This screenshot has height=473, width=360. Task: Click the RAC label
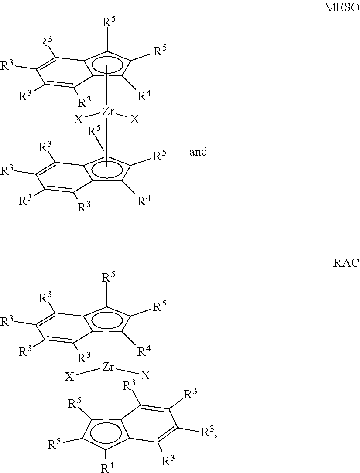[x=346, y=263]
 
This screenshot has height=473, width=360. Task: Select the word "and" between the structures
[x=198, y=152]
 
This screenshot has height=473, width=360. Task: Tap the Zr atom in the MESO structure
[x=108, y=112]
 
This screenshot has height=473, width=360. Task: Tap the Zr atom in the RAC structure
[x=108, y=368]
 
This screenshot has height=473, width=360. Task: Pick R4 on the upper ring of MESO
[x=144, y=95]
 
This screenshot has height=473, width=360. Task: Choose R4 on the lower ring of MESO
[x=144, y=202]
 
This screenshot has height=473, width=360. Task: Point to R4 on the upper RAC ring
[x=144, y=351]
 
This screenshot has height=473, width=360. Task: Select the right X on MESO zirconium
[x=135, y=119]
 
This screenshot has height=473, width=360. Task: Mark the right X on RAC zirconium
[x=145, y=375]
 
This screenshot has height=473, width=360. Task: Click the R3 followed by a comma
[x=208, y=432]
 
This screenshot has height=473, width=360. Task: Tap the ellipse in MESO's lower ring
[x=106, y=170]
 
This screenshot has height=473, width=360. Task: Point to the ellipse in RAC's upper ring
[x=106, y=319]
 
